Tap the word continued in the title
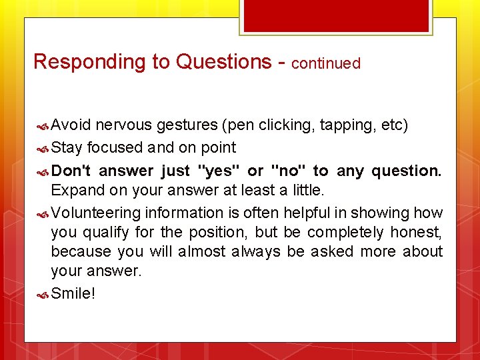point(326,64)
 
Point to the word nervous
point(123,125)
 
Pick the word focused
point(115,147)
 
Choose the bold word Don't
point(71,171)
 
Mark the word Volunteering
point(96,213)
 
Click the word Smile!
point(73,293)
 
